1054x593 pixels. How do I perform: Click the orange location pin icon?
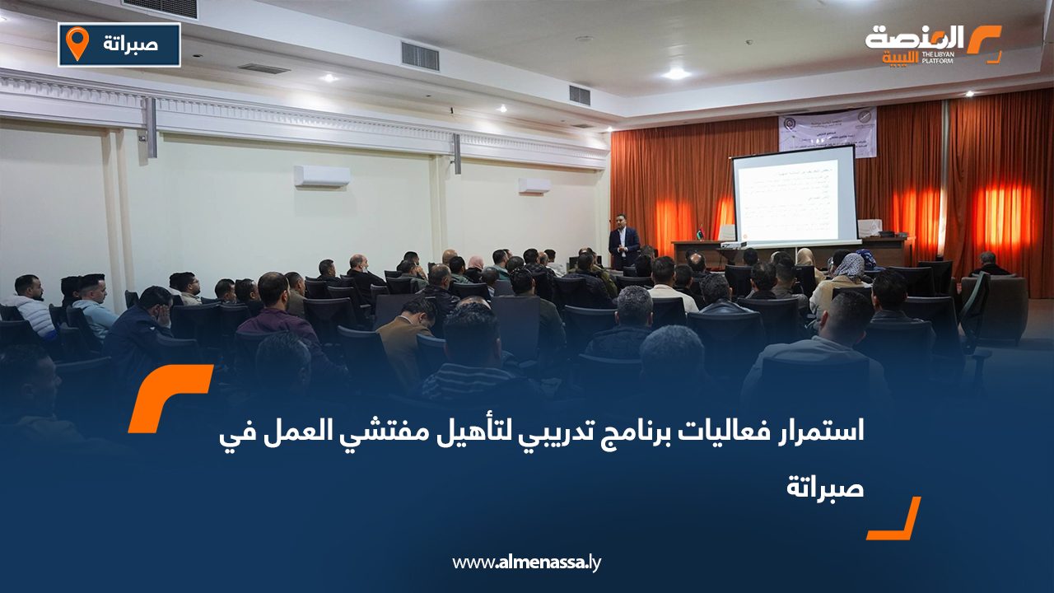[x=77, y=44]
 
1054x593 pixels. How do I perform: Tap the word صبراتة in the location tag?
[x=132, y=44]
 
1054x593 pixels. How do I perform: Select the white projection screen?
[x=794, y=195]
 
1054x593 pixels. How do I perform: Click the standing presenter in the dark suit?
[x=624, y=244]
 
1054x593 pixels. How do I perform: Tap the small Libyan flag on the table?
[x=701, y=232]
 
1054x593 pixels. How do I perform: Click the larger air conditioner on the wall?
[x=322, y=176]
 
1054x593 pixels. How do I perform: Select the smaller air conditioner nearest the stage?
[x=534, y=186]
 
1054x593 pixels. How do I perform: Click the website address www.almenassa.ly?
[x=527, y=563]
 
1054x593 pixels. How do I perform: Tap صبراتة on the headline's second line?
[x=825, y=488]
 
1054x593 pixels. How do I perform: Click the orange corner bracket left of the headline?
[x=169, y=399]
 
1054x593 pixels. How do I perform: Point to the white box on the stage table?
[x=869, y=228]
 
